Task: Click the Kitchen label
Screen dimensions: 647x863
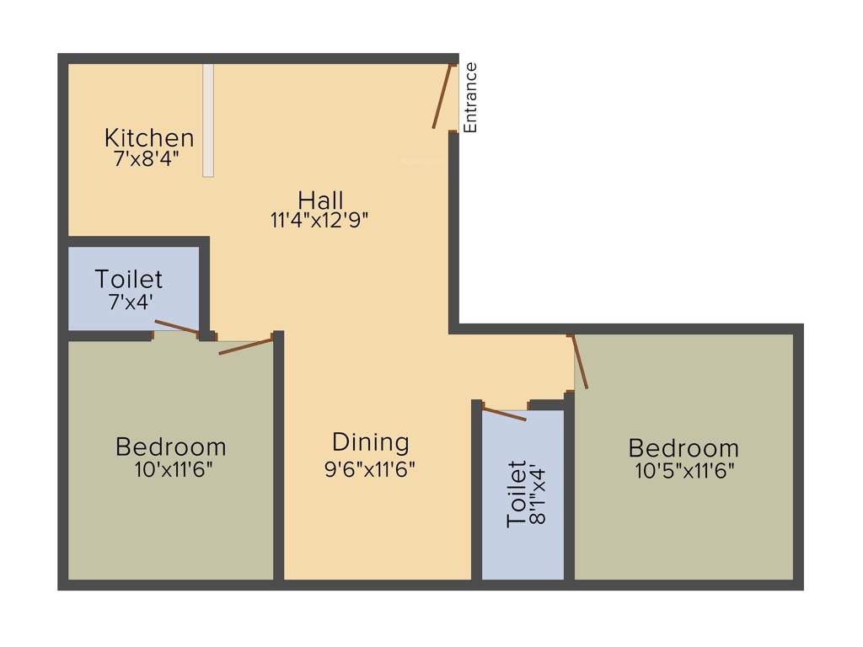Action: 149,137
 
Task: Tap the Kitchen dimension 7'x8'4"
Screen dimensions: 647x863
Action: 147,158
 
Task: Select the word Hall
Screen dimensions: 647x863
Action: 320,201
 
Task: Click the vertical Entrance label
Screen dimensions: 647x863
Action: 471,98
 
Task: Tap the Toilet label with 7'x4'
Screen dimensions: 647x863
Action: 129,279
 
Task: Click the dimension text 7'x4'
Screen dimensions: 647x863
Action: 131,301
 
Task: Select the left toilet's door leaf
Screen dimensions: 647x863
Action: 177,327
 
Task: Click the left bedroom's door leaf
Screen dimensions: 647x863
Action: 246,346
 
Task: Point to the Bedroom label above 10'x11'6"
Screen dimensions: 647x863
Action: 171,446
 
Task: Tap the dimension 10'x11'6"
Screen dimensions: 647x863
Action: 174,469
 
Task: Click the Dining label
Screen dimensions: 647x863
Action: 371,442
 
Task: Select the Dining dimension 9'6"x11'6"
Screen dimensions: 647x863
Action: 370,469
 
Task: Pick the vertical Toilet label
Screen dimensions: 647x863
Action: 517,494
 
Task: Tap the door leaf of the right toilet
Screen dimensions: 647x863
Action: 504,413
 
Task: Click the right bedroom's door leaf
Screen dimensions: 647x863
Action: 579,361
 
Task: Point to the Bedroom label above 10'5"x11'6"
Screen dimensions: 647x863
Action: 683,448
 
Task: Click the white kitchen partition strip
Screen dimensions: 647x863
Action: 208,120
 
